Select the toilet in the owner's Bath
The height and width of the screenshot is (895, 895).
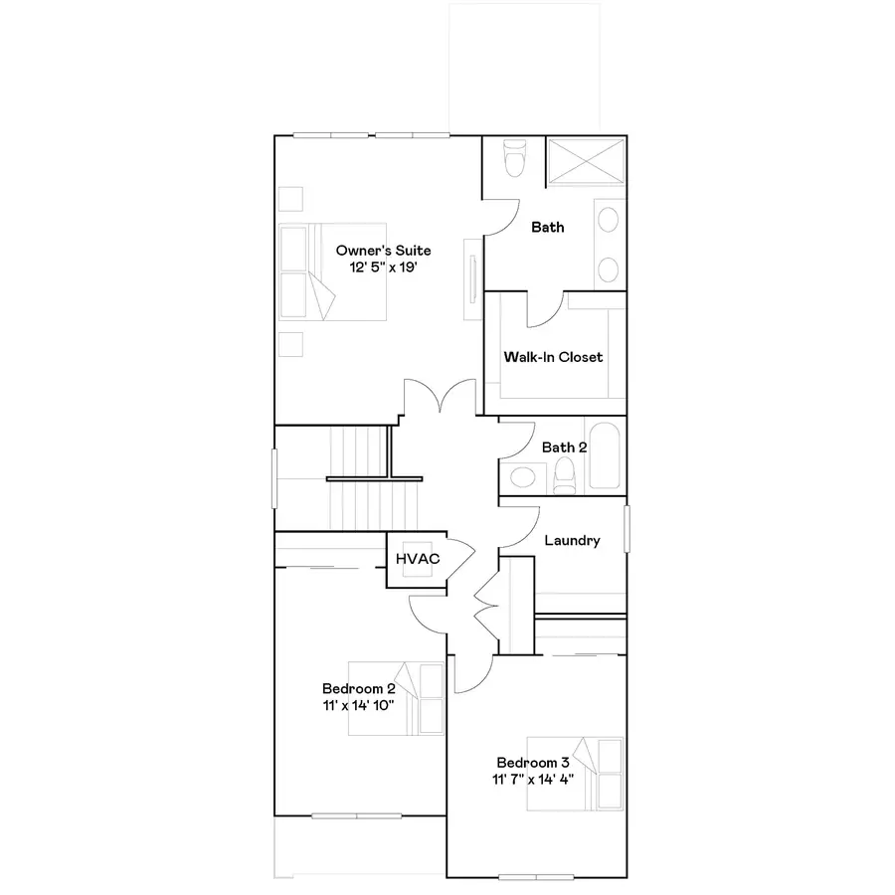click(513, 158)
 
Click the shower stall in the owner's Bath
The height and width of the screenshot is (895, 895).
click(586, 159)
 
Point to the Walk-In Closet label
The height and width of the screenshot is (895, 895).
click(553, 357)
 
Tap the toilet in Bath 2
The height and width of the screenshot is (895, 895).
click(565, 475)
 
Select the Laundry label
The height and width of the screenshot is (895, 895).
click(572, 541)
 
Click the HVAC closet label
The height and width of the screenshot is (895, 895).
click(418, 560)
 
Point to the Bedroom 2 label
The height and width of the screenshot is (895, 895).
click(359, 688)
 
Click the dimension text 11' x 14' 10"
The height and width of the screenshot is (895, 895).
click(359, 705)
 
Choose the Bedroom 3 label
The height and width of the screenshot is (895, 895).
click(533, 763)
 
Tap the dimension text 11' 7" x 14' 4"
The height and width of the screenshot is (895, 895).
click(533, 780)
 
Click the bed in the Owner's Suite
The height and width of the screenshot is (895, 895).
click(332, 271)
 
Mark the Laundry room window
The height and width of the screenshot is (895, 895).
click(626, 528)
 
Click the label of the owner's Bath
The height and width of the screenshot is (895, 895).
click(547, 228)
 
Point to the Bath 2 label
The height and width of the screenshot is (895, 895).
click(564, 447)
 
